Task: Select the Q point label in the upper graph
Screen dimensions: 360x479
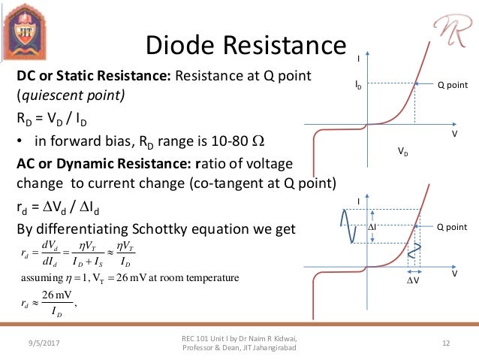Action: click(x=452, y=85)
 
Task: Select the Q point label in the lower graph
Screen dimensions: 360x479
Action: click(x=452, y=226)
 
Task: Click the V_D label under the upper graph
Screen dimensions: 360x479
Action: click(x=403, y=151)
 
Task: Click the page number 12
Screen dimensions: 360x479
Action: click(x=446, y=343)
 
